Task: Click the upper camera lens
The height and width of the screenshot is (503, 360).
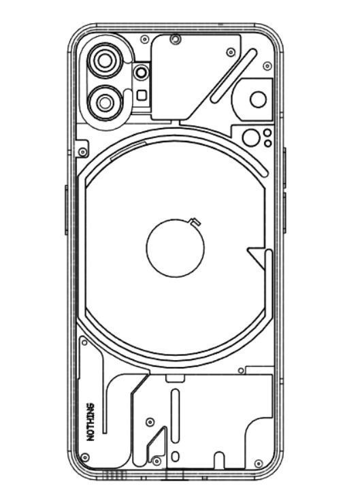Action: pos(106,62)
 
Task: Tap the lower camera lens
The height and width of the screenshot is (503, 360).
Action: pos(105,103)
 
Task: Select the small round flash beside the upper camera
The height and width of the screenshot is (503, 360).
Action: pos(141,72)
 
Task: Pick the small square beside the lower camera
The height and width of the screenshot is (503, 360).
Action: pos(141,95)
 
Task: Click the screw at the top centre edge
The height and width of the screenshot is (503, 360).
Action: pos(176,39)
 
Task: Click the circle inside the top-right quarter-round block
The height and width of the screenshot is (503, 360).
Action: pos(258,100)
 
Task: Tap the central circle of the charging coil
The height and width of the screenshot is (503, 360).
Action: pos(176,247)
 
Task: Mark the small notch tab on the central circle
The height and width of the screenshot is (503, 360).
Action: pos(195,221)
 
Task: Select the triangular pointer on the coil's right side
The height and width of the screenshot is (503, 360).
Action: pos(257,257)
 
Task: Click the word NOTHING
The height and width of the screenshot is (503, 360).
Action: pos(91,423)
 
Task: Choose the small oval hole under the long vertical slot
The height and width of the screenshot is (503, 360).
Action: pos(176,456)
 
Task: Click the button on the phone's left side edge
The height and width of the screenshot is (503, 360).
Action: pos(67,210)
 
